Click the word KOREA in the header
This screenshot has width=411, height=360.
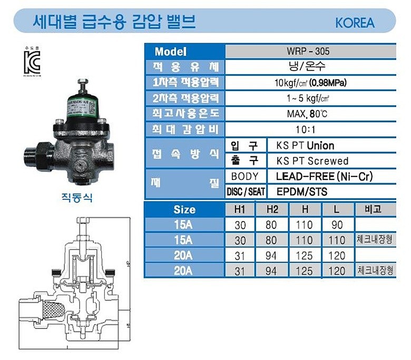pos(355,23)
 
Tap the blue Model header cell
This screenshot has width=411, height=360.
pos(184,52)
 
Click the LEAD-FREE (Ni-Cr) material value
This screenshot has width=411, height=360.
pos(328,176)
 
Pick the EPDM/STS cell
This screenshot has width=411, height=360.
pos(302,192)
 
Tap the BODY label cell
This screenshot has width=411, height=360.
pos(245,176)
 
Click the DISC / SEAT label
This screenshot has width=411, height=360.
pos(246,192)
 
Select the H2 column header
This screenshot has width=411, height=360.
pos(272,209)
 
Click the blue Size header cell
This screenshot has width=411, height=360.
pos(184,209)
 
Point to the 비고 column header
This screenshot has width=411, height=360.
pos(375,209)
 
